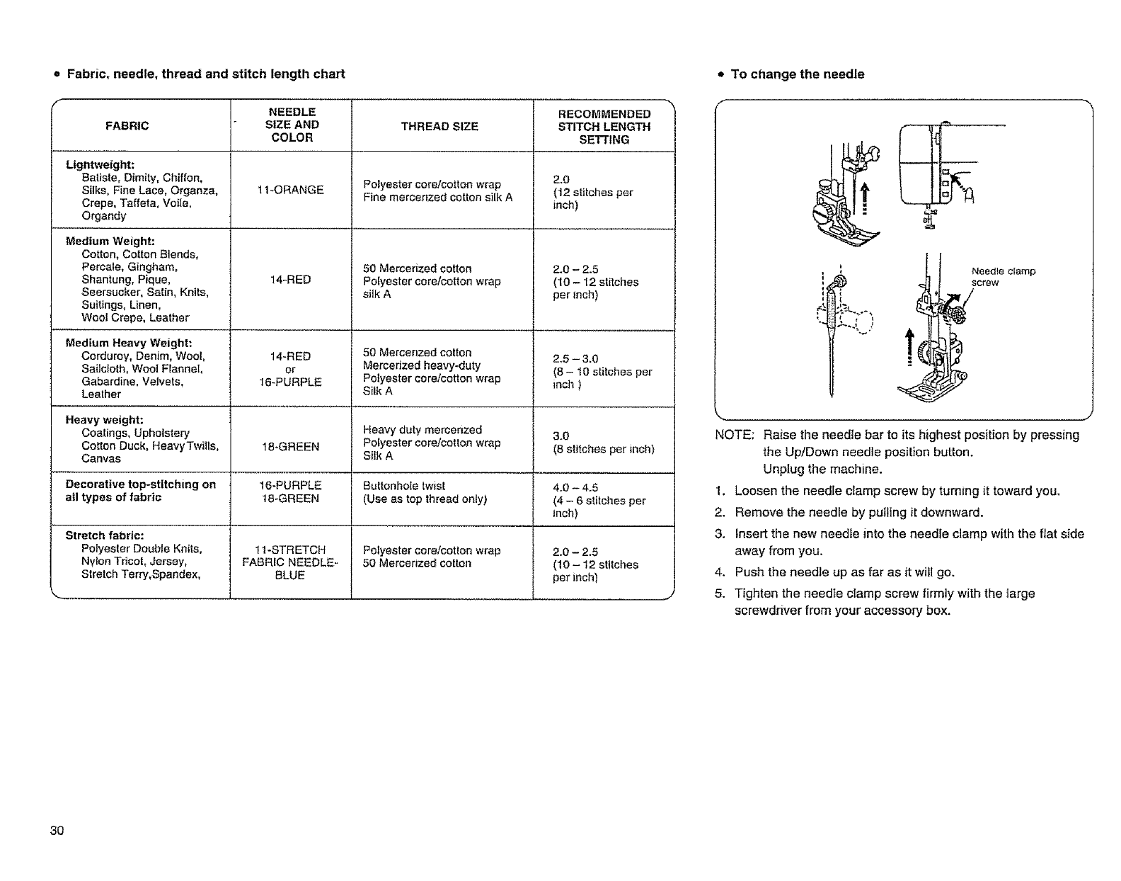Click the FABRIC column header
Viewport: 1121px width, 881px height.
tap(127, 126)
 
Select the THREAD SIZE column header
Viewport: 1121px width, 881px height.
tap(439, 127)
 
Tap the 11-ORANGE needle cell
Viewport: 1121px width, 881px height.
tap(292, 190)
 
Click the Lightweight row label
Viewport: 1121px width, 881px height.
tap(100, 165)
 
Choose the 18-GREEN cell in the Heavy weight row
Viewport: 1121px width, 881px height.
tap(292, 446)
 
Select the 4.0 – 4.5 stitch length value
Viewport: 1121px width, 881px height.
tap(575, 487)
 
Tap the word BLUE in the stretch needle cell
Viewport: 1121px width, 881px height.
tap(290, 575)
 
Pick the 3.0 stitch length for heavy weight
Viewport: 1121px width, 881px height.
tap(560, 436)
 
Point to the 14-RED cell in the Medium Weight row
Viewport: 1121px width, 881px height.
tap(290, 280)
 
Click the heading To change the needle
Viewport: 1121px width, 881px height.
tap(797, 74)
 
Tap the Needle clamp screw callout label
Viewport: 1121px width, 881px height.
tap(1003, 277)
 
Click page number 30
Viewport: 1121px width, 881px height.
tap(57, 831)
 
